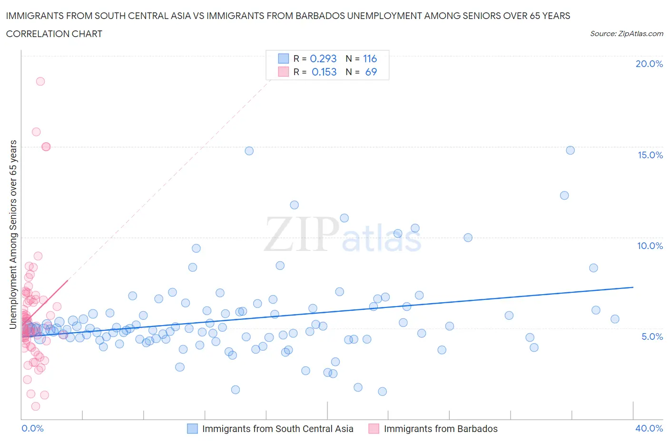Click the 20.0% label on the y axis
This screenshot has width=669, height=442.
[649, 64]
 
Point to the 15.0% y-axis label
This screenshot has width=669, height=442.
[650, 155]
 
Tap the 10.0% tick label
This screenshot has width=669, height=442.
[650, 246]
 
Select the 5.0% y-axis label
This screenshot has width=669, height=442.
[652, 336]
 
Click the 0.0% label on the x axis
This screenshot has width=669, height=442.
[32, 428]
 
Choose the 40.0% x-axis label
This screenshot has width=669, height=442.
[649, 428]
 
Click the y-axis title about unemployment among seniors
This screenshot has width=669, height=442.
[13, 234]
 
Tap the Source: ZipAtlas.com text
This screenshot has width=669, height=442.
[626, 34]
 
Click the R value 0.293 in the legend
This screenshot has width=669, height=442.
[323, 58]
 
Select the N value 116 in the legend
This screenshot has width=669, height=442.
[370, 58]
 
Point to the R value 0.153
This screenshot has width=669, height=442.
[324, 72]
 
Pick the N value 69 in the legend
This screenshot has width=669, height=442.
[371, 72]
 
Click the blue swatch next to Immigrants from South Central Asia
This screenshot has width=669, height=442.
[192, 429]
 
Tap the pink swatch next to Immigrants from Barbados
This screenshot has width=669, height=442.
[374, 429]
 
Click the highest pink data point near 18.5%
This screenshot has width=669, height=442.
[40, 81]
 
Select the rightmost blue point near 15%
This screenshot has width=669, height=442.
[570, 150]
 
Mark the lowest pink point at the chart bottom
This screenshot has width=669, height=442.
[36, 406]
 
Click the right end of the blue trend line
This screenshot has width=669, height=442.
[633, 287]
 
